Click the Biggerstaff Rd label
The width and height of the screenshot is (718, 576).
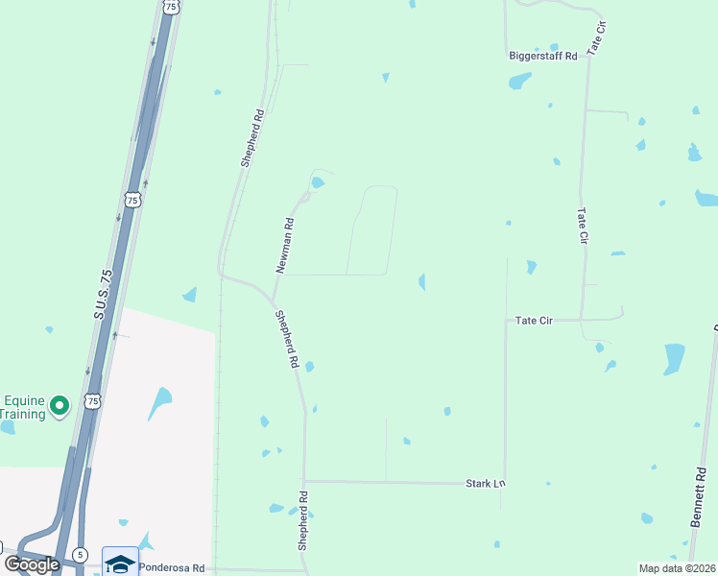(542, 57)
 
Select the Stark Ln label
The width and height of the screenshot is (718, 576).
(485, 482)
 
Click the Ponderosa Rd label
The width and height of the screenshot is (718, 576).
(172, 567)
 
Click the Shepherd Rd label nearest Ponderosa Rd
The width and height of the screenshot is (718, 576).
(303, 520)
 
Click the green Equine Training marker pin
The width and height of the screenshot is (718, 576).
(60, 407)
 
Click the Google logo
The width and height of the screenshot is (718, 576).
(32, 564)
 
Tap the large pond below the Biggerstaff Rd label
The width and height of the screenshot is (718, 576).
(519, 82)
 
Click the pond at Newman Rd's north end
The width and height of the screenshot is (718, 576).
(317, 182)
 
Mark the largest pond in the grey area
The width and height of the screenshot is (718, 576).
(160, 402)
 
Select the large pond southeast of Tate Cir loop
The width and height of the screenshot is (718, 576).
(674, 358)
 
